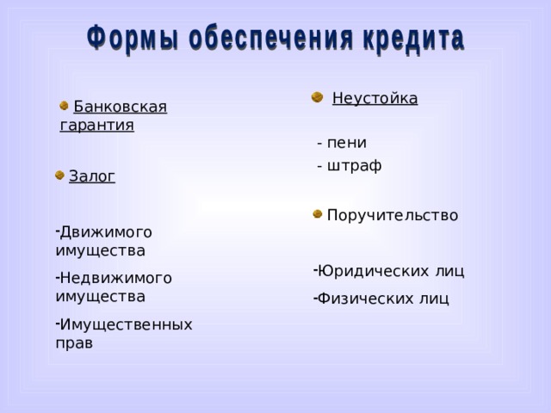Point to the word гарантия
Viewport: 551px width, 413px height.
[97, 126]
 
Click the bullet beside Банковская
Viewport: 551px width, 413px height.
[65, 105]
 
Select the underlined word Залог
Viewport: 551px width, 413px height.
[91, 176]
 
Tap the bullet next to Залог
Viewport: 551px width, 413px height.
[59, 176]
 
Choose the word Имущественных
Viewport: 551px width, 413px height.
[126, 324]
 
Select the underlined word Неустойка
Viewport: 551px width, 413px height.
[375, 98]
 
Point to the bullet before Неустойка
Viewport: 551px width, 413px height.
[316, 96]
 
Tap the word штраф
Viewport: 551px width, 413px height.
[354, 165]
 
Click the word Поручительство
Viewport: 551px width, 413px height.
[392, 215]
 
